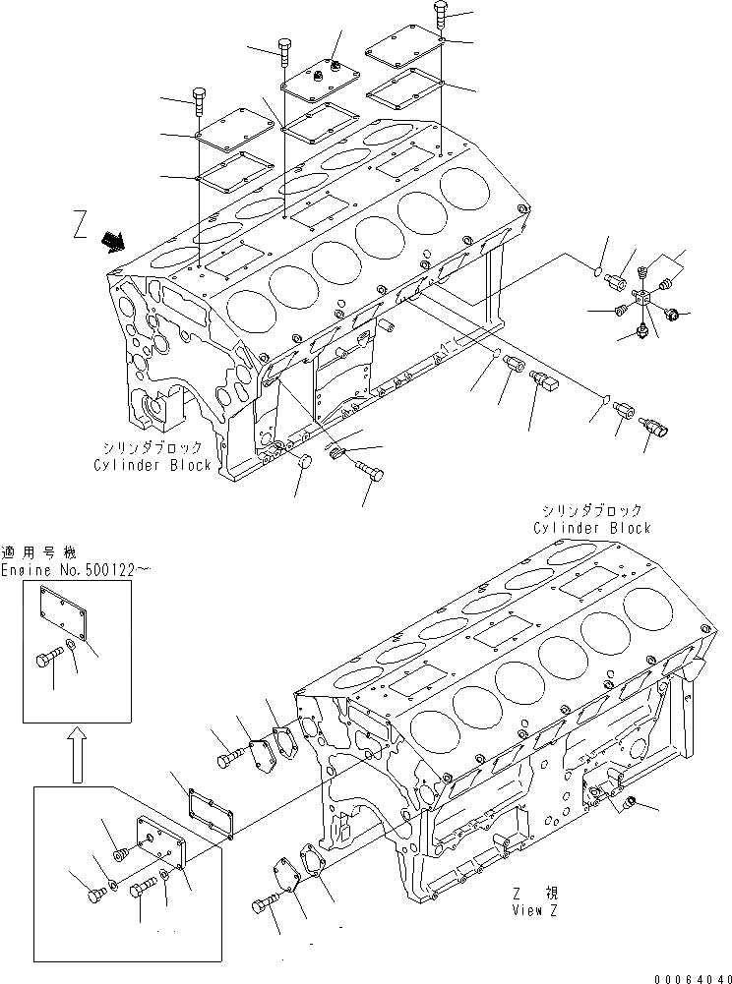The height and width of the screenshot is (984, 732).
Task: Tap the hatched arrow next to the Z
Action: (x=113, y=240)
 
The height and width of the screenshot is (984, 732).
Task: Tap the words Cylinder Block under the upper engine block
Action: (x=152, y=465)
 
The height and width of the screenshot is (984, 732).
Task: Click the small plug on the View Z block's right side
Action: (x=630, y=805)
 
